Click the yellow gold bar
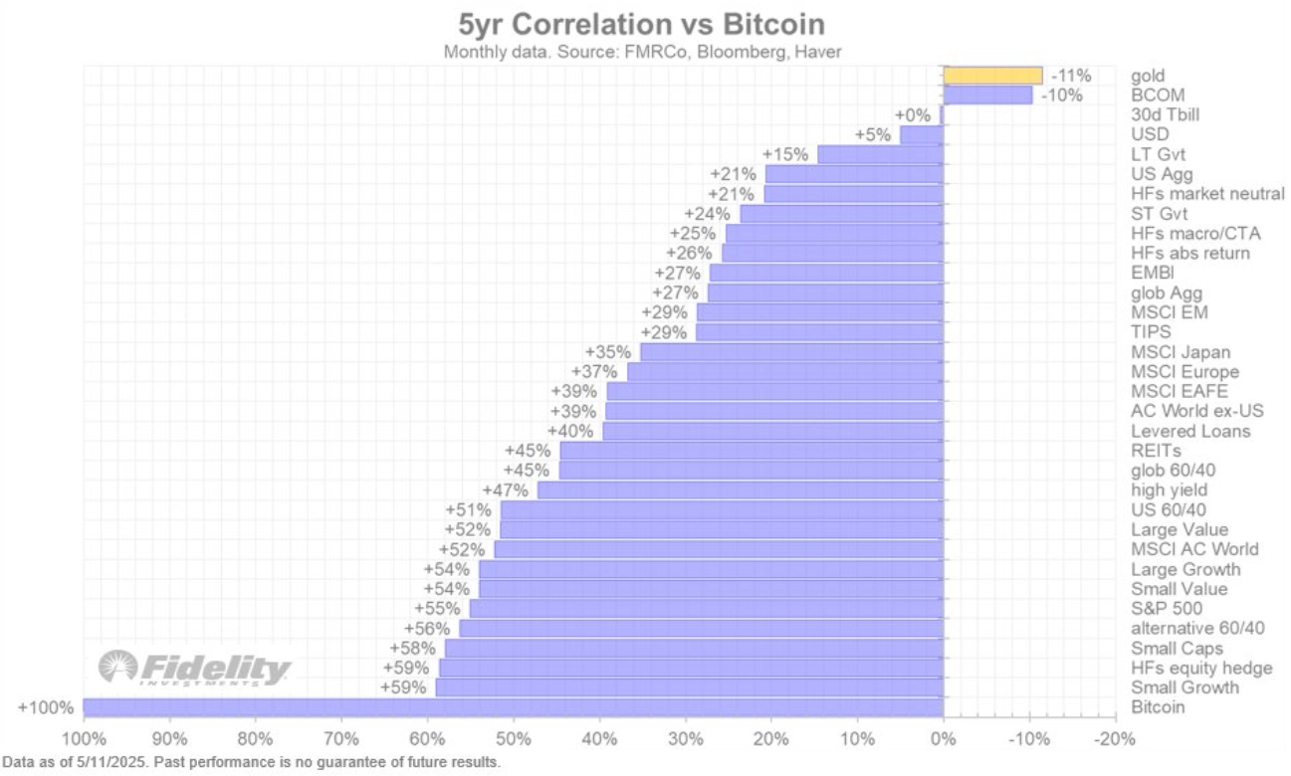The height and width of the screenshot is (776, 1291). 992,75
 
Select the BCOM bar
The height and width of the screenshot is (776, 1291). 987,95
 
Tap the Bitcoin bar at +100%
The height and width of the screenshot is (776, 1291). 513,707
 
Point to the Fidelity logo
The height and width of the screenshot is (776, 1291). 195,668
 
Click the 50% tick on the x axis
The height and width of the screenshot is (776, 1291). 513,739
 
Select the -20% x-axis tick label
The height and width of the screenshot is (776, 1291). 1114,739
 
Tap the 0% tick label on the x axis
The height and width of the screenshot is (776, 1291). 943,739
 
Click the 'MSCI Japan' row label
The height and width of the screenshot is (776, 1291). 1181,352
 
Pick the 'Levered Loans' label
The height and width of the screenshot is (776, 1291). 1190,431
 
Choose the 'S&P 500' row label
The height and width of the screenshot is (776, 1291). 1167,609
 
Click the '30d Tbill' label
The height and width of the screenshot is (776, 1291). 1165,114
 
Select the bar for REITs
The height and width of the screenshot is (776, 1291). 751,451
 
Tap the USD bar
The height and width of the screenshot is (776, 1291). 921,134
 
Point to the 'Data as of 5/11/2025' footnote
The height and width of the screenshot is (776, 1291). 251,762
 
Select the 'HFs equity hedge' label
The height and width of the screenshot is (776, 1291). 1201,668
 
